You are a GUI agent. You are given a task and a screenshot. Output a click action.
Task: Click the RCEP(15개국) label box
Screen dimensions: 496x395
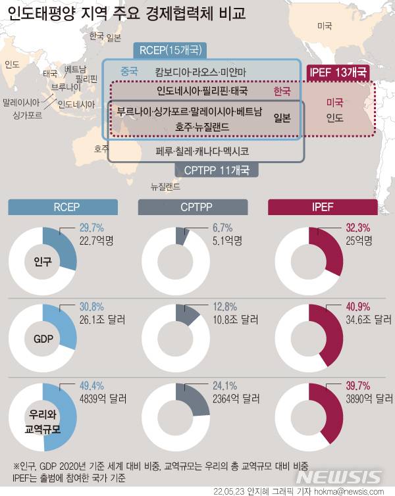(170, 50)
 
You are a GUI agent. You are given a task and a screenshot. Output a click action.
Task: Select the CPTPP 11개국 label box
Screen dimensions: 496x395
(216, 170)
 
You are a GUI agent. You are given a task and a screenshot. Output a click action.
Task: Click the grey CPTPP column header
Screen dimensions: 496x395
(196, 207)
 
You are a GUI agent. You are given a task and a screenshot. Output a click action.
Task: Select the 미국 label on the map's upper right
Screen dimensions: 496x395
(325, 26)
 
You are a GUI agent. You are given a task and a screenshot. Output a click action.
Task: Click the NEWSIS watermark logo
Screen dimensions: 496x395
(338, 477)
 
